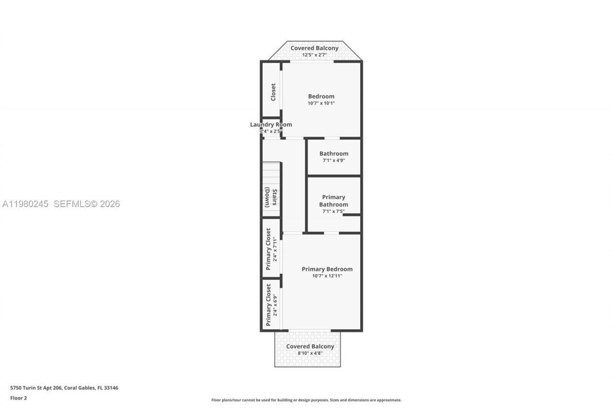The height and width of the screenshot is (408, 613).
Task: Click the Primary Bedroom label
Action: (x=327, y=269)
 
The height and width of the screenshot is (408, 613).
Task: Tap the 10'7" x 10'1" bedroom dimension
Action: (x=321, y=103)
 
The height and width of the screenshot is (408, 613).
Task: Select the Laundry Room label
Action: (x=271, y=124)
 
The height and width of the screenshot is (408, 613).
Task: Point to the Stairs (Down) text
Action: (x=271, y=197)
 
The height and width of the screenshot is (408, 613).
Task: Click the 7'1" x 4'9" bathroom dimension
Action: (x=334, y=161)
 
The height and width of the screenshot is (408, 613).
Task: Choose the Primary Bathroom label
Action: (x=333, y=201)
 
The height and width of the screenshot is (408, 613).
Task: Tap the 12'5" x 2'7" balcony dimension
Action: (x=314, y=55)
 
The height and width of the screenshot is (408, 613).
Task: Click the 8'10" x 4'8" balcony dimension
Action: (x=310, y=353)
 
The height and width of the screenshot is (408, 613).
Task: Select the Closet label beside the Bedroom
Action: (x=273, y=92)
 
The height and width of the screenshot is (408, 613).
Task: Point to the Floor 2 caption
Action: (x=19, y=398)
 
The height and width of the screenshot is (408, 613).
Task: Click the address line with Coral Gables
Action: (x=64, y=388)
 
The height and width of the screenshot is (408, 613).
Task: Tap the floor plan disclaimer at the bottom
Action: (x=306, y=400)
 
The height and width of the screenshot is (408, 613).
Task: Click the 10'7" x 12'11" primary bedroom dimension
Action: (x=327, y=276)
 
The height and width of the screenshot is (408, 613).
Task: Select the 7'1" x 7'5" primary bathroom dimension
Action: (x=333, y=211)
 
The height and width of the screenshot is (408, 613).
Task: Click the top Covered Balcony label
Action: (x=314, y=48)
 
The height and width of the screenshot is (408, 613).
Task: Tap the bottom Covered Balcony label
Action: (x=310, y=346)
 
